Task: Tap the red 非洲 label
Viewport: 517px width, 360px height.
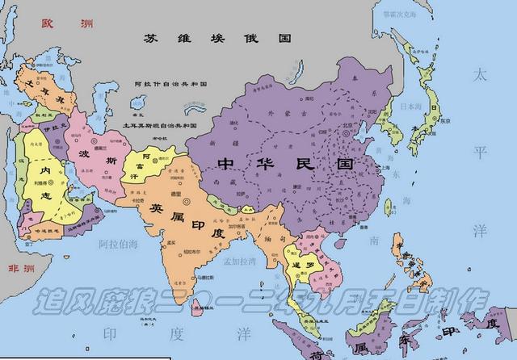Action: (x=19, y=268)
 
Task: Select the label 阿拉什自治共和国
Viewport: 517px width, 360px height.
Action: (x=172, y=84)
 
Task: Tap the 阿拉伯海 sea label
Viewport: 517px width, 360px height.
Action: (x=120, y=242)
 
